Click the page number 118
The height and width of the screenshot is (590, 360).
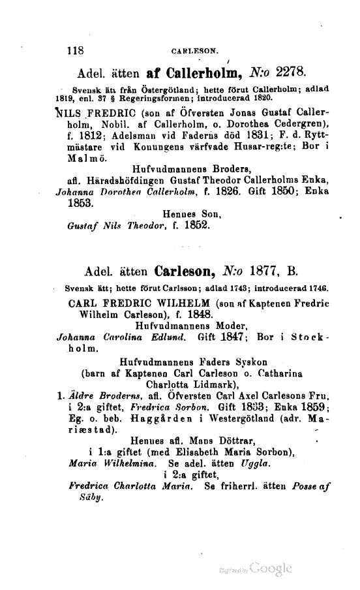[x=77, y=48]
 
